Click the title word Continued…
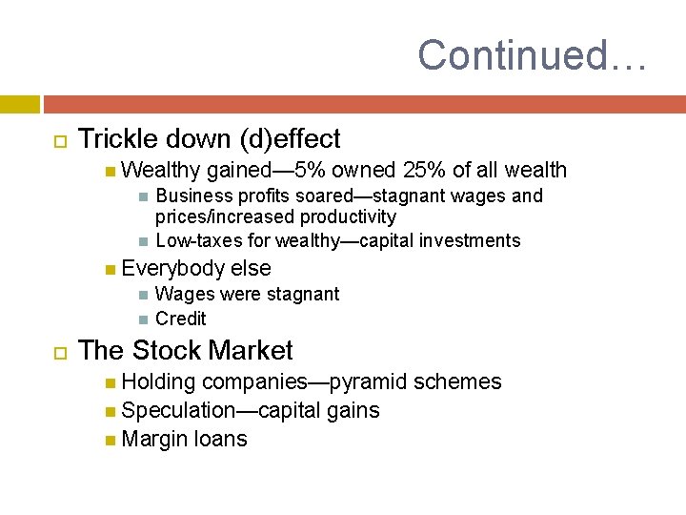click(532, 54)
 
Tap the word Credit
click(180, 319)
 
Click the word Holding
click(159, 382)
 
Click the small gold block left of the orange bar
click(19, 104)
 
